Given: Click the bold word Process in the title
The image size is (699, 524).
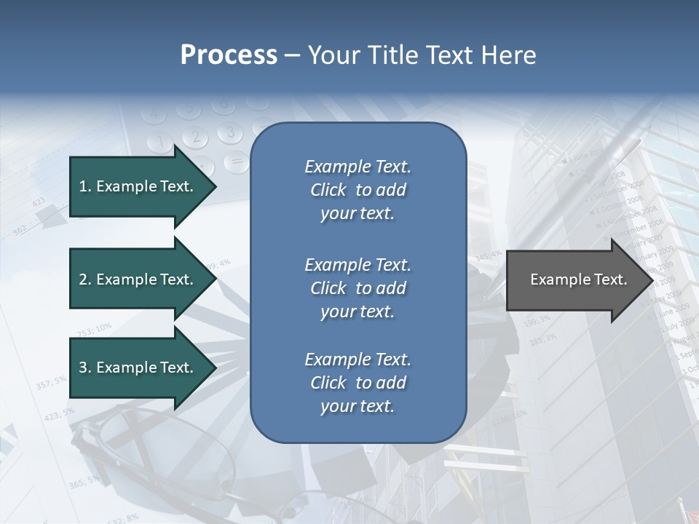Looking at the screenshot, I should pyautogui.click(x=229, y=55).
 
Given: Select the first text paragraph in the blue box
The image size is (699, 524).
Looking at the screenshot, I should pyautogui.click(x=358, y=190).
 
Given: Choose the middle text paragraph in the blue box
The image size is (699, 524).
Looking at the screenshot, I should pyautogui.click(x=358, y=288).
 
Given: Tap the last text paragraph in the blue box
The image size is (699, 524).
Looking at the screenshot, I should pyautogui.click(x=358, y=383).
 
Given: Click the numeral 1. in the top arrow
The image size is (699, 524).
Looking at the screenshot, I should pyautogui.click(x=85, y=186).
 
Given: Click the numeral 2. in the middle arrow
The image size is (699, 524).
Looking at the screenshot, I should pyautogui.click(x=85, y=279).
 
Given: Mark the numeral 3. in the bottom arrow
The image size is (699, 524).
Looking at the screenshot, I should pyautogui.click(x=85, y=368).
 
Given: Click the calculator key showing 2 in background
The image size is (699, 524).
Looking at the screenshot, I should pyautogui.click(x=194, y=136).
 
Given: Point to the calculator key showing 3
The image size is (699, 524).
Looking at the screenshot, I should pyautogui.click(x=230, y=132).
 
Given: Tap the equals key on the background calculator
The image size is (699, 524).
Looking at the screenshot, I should pyautogui.click(x=236, y=160).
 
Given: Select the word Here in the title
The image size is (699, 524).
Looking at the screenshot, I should pyautogui.click(x=508, y=55).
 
